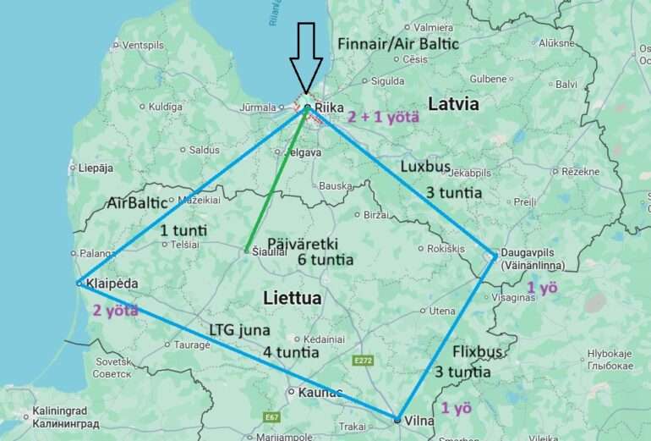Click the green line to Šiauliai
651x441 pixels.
pyautogui.click(x=275, y=182)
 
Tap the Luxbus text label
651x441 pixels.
pyautogui.click(x=425, y=167)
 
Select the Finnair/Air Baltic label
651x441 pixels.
pyautogui.click(x=397, y=43)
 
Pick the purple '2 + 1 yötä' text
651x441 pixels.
pyautogui.click(x=383, y=118)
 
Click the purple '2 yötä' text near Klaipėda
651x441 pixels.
pyautogui.click(x=115, y=310)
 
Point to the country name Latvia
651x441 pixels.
pyautogui.click(x=453, y=104)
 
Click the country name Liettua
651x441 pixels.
pyautogui.click(x=293, y=298)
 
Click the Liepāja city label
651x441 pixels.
pyautogui.click(x=96, y=168)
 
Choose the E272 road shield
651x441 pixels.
pyautogui.click(x=363, y=361)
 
